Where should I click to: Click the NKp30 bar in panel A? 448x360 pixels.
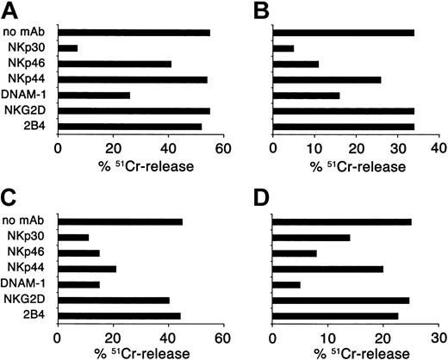click(x=68, y=48)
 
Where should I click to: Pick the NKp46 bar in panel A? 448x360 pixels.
click(x=90, y=64)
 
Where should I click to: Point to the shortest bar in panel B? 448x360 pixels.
click(x=283, y=48)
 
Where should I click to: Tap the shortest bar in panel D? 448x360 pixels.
click(x=286, y=284)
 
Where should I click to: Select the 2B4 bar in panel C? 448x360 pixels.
click(x=113, y=315)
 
